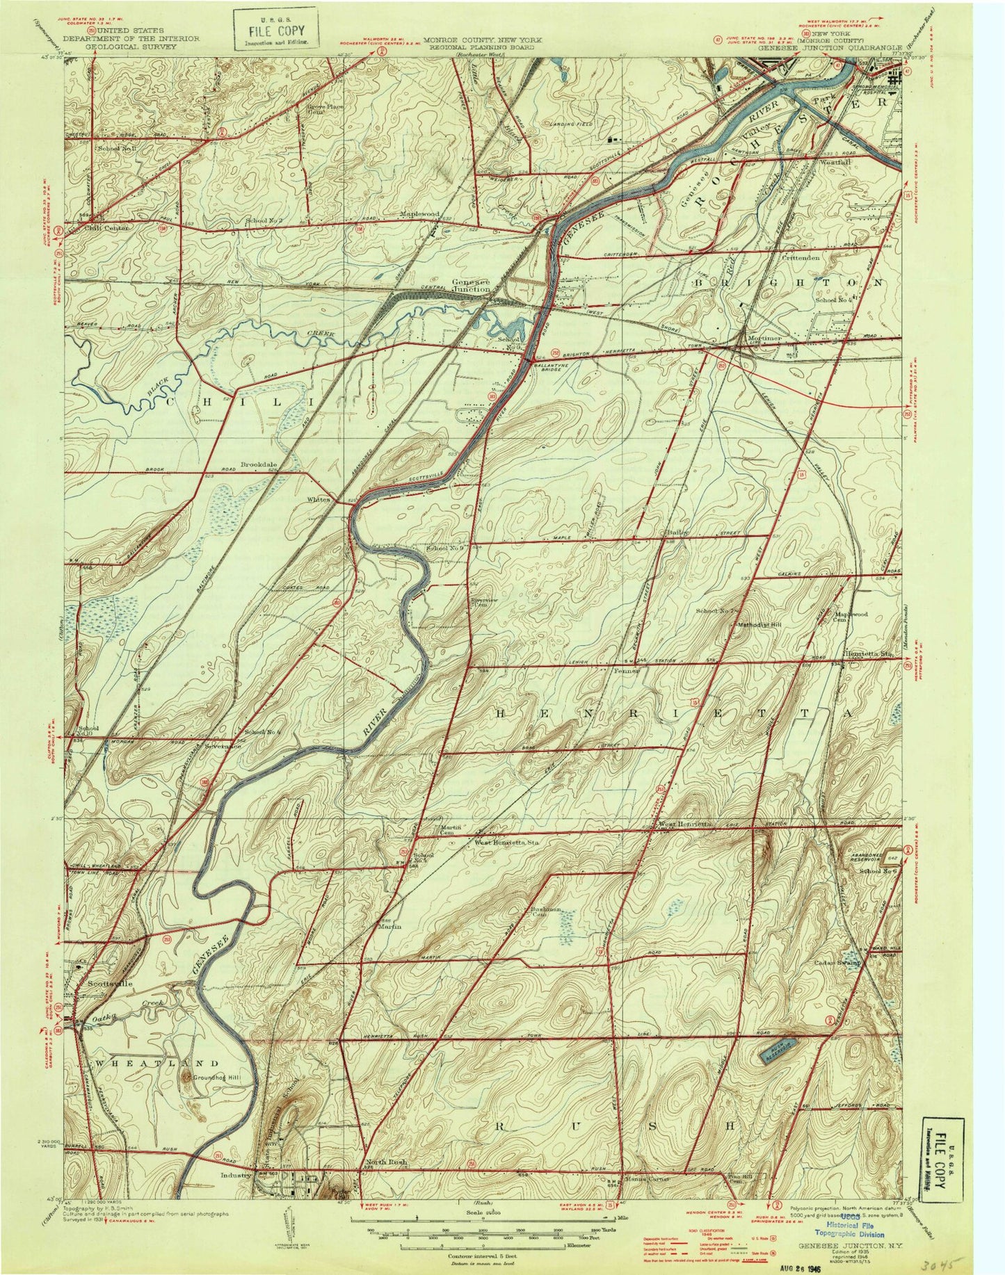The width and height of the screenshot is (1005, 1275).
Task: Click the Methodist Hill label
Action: click(x=760, y=625)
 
